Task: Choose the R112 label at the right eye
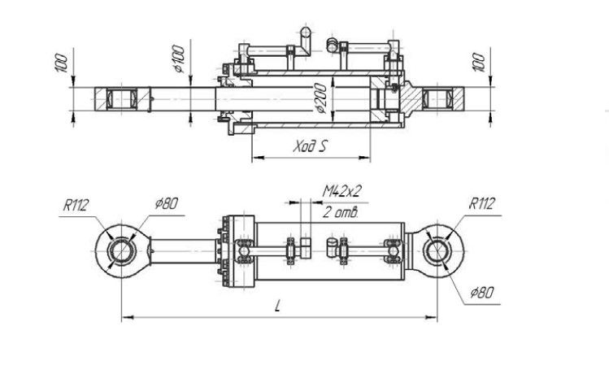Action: coord(481,204)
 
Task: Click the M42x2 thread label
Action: coord(341,191)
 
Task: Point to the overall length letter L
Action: coord(278,306)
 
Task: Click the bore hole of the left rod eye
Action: coord(121,249)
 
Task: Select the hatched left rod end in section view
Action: coord(119,101)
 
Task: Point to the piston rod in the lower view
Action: coord(183,249)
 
